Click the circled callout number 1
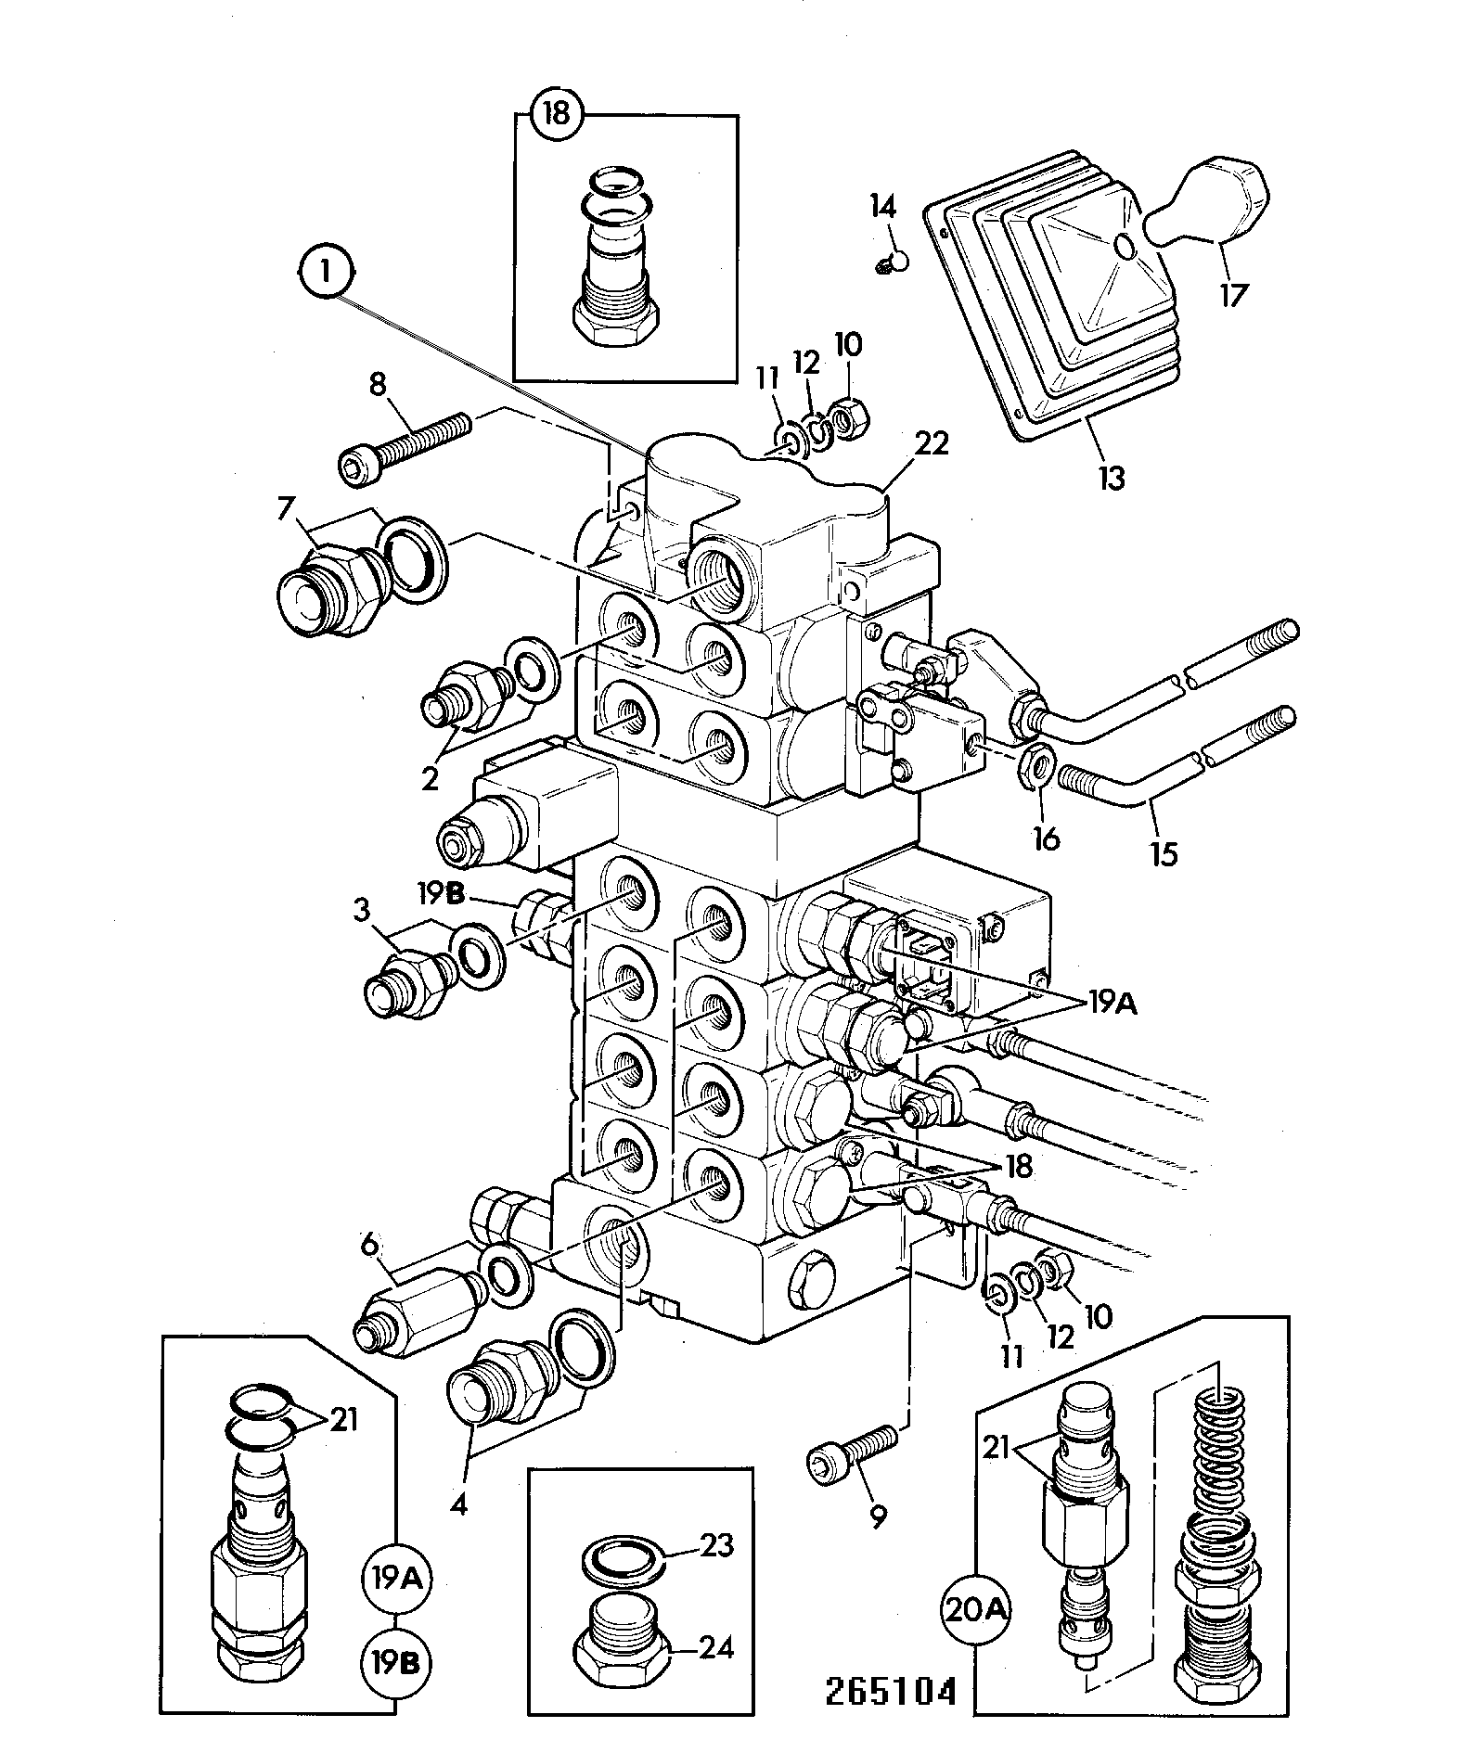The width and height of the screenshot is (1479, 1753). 326,274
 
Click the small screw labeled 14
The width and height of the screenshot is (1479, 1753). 892,262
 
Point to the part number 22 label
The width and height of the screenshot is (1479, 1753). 932,445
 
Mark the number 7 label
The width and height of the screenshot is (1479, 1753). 286,509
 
